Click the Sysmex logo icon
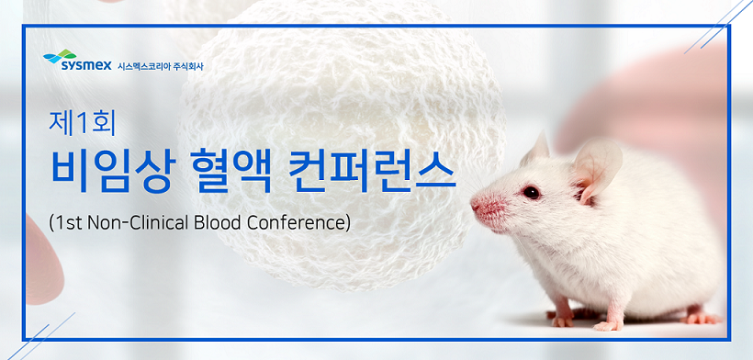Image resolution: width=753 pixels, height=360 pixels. tap(60, 56)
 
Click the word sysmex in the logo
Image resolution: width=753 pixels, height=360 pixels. tap(86, 65)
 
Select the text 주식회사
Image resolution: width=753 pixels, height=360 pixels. tap(188, 66)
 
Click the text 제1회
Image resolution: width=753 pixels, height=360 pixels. tap(82, 122)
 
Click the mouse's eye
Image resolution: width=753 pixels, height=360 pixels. tap(531, 193)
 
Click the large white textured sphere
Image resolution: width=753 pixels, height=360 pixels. tap(341, 144)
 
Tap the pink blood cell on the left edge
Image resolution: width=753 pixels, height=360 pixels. tap(43, 262)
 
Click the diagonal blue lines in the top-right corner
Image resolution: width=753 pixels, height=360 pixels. tap(719, 27)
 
